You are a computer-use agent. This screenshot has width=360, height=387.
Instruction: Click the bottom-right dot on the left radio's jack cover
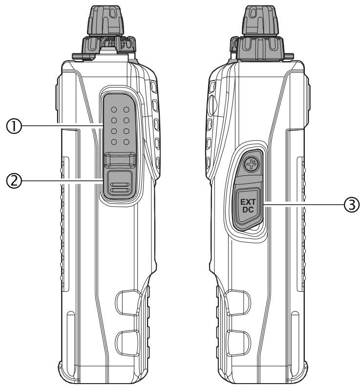(x=126, y=142)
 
